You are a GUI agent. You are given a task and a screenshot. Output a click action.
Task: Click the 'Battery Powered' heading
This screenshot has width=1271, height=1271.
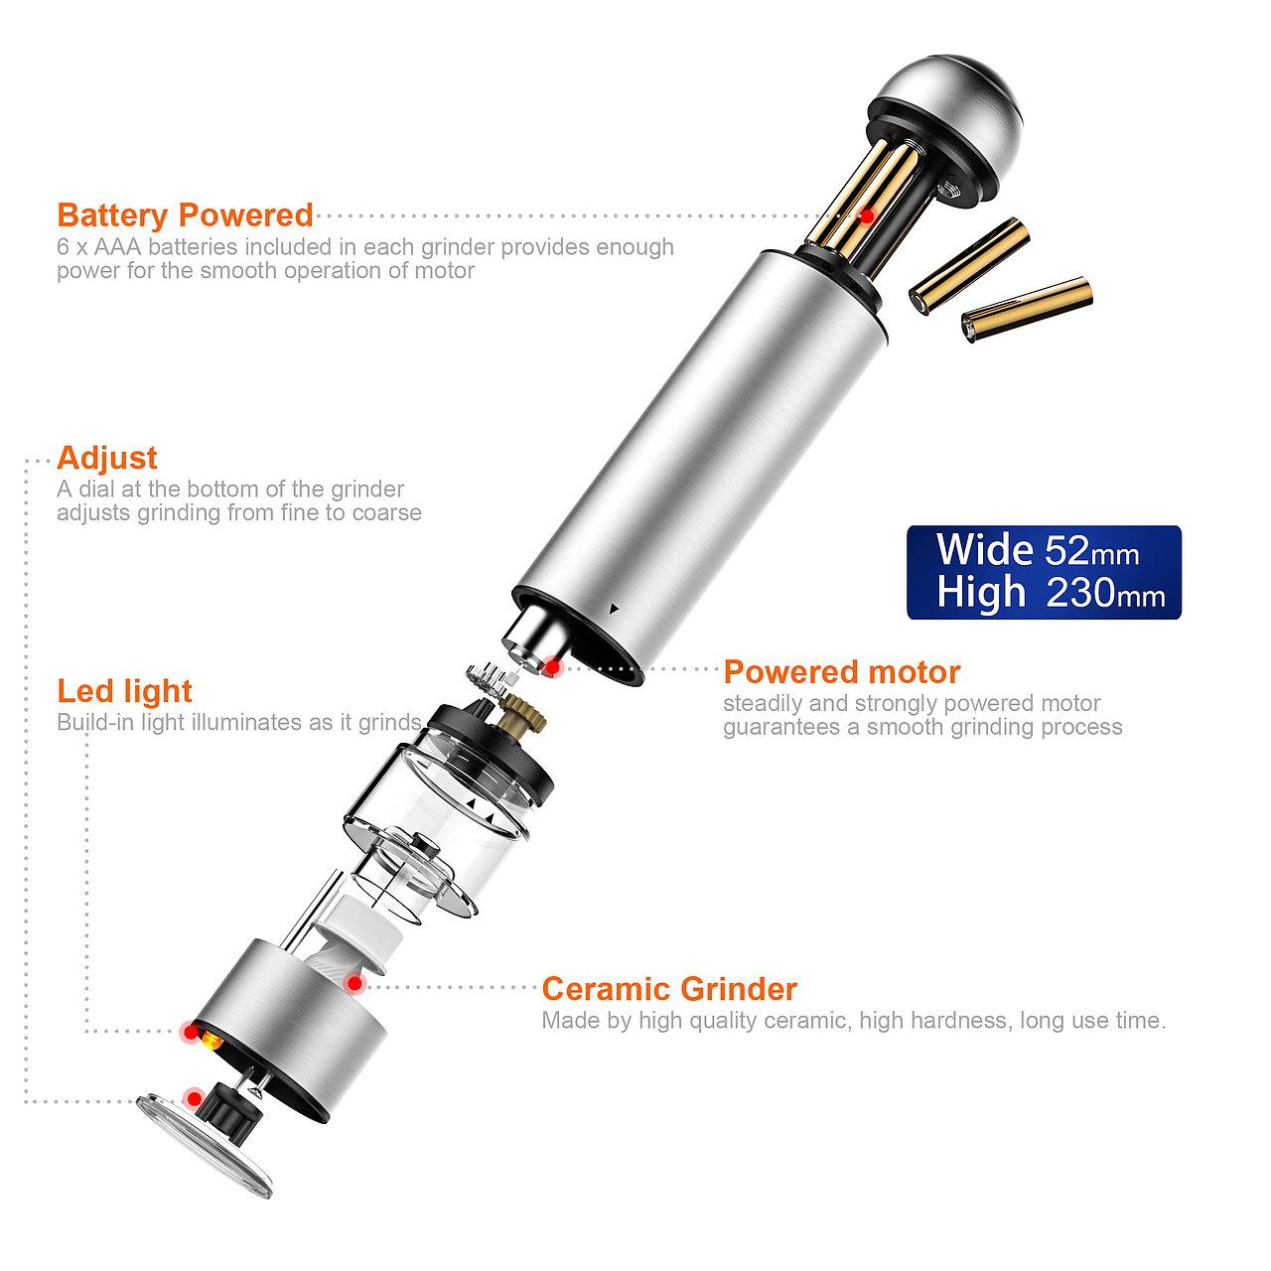(x=185, y=215)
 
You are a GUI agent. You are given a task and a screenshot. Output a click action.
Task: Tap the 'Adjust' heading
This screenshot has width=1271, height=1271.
(x=107, y=458)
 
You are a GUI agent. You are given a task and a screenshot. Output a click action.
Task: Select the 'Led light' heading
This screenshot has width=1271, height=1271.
(x=125, y=690)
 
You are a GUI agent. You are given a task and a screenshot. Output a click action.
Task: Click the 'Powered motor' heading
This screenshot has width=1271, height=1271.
(x=842, y=671)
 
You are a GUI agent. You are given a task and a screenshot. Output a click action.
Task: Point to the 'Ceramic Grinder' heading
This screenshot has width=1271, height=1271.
(x=669, y=989)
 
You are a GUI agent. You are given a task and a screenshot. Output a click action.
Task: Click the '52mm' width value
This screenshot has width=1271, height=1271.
(x=1092, y=550)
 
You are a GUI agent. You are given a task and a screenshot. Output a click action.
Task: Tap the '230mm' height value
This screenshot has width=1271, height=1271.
(x=1105, y=592)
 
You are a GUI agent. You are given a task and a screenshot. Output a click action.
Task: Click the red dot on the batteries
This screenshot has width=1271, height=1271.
(x=867, y=215)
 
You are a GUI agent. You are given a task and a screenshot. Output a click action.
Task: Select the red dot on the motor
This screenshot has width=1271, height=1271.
(x=552, y=667)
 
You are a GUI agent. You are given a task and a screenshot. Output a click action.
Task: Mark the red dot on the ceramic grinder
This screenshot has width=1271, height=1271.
(x=355, y=984)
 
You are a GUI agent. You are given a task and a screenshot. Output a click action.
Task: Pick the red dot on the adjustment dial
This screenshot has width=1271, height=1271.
(x=194, y=1098)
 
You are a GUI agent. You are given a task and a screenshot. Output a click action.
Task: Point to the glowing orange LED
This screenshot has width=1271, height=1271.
(x=212, y=1042)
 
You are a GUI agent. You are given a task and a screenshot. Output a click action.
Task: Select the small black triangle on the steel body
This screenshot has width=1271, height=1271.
(x=614, y=609)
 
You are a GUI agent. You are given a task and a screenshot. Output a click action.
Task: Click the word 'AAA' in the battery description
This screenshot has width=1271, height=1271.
(x=117, y=246)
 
